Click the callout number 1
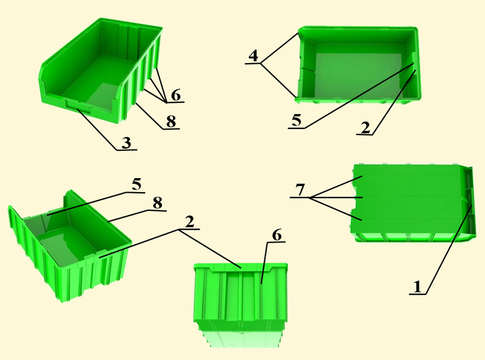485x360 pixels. point(417,287)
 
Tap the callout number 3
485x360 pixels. point(126,142)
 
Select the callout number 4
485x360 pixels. point(253,56)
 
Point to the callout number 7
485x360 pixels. point(300,190)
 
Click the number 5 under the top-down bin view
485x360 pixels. point(296,120)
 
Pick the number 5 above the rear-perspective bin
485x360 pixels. point(136,184)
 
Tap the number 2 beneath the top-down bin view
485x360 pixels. point(366,127)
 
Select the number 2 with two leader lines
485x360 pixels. point(189,221)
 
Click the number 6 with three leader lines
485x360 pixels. point(176,95)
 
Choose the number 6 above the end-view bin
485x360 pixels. point(276,235)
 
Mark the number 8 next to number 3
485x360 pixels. point(171,122)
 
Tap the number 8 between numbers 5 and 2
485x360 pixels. point(157,203)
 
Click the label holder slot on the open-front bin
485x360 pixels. point(79,107)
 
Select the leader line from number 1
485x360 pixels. point(449,249)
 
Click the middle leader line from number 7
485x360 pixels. point(336,197)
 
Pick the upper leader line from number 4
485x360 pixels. point(279,48)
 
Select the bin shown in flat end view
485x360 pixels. point(241,305)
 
